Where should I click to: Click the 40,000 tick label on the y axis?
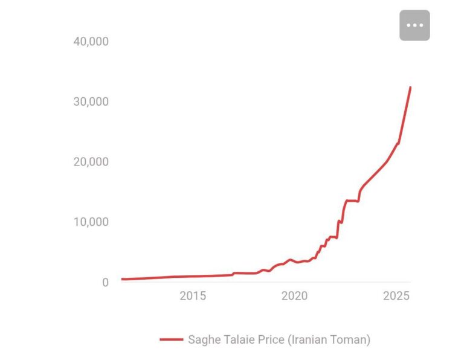91,41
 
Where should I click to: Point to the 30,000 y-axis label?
91,101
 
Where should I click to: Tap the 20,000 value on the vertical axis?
91,162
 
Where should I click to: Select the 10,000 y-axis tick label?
91,222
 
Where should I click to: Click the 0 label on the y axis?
105,282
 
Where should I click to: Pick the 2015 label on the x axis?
193,296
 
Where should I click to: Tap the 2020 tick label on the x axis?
295,296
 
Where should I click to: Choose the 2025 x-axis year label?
397,296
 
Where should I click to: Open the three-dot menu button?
414,25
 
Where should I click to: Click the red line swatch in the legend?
172,339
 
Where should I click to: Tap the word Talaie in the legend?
239,339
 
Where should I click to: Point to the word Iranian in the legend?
308,339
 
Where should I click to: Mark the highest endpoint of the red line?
410,87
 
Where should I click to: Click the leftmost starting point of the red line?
121,279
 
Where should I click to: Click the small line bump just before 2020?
290,260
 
